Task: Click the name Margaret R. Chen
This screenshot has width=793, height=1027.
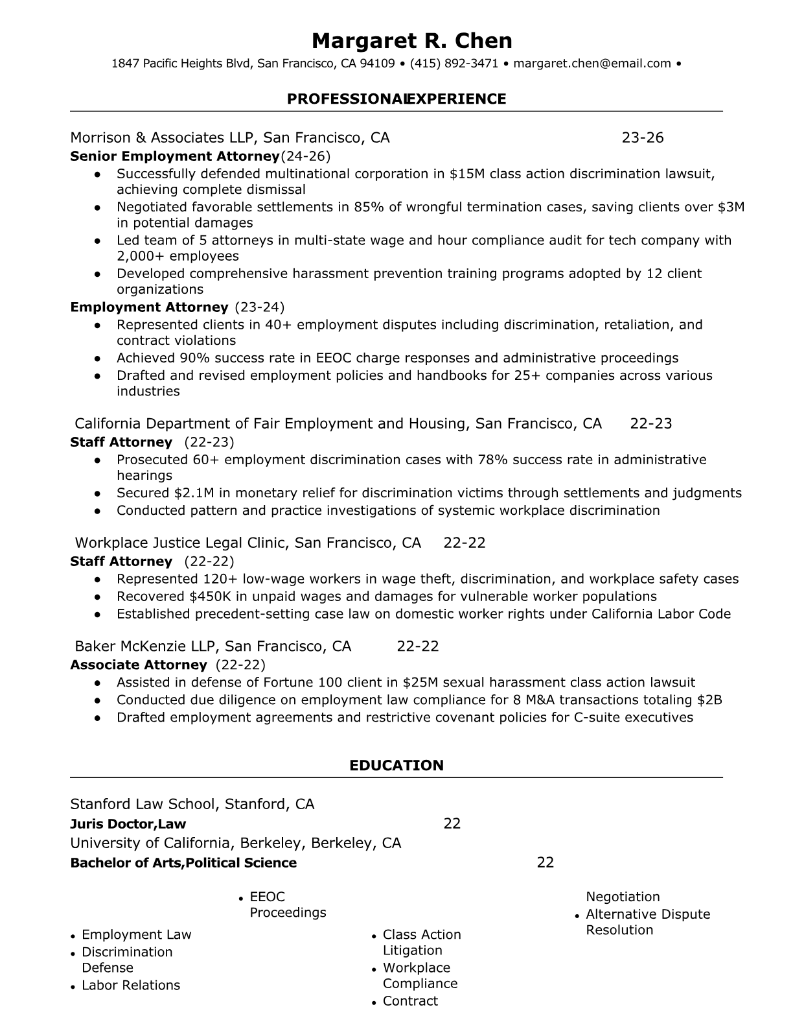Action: coord(411,40)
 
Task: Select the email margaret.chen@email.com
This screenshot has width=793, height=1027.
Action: coord(592,64)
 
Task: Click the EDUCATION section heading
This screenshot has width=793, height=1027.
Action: coord(396,765)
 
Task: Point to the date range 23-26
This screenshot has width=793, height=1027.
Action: coord(642,137)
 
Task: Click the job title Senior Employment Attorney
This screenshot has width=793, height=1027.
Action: coord(174,156)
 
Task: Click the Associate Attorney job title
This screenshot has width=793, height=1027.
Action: coord(138,665)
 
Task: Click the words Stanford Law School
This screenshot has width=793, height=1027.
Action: coord(143,805)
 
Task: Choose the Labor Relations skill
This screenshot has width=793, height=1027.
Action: coord(131,986)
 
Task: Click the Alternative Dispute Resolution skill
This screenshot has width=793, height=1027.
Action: coord(647,922)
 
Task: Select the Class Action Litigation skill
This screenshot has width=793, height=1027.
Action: coord(421,942)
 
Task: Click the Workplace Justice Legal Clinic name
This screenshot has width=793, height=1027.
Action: coord(183,543)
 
